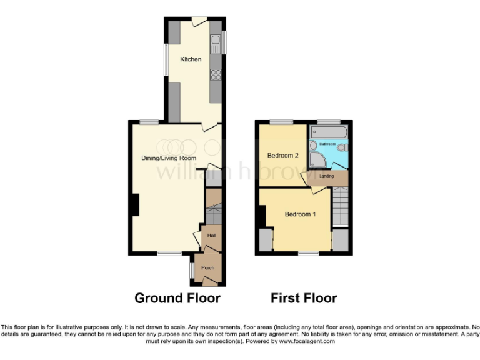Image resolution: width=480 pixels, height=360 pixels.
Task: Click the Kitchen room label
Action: click(x=191, y=59)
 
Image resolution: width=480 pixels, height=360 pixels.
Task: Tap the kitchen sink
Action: click(x=216, y=43)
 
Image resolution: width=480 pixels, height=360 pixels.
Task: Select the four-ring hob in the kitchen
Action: click(x=216, y=74)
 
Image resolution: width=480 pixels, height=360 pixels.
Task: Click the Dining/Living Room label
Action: click(x=164, y=158)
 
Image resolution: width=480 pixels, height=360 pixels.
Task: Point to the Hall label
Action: click(x=211, y=236)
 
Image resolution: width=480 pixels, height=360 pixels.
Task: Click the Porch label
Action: click(x=207, y=267)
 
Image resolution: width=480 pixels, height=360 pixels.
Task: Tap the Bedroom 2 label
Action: click(x=283, y=156)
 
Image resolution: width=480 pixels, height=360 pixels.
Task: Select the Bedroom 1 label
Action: click(x=300, y=214)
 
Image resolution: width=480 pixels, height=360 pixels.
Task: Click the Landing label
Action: click(x=326, y=177)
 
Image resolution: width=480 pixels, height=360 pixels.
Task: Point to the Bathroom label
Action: click(x=327, y=144)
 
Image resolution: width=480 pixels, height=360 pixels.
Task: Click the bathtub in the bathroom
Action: click(x=328, y=132)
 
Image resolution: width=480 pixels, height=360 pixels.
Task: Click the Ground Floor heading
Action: click(x=177, y=298)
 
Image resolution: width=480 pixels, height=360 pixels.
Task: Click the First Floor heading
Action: click(x=304, y=298)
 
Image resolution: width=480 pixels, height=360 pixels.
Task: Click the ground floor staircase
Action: click(x=213, y=216)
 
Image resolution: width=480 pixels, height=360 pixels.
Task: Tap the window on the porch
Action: click(x=192, y=269)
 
